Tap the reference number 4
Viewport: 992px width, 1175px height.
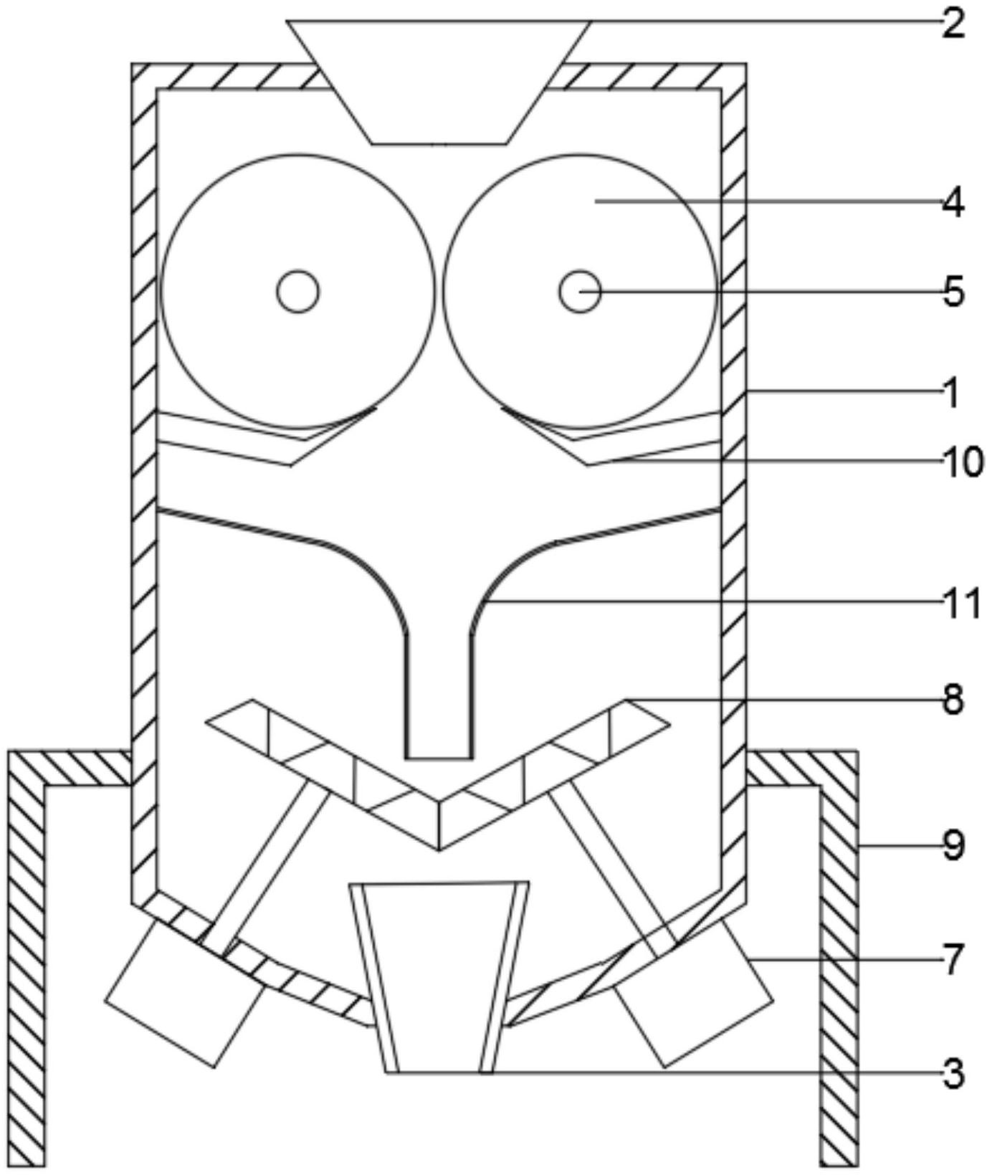pos(953,203)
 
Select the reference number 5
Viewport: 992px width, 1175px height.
pos(953,292)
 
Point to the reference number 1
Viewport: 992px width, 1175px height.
pos(951,394)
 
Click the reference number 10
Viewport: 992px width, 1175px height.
pos(962,462)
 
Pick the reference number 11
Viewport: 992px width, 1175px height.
pos(962,604)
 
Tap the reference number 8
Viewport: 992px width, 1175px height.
pos(953,699)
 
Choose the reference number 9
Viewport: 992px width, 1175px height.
pos(953,846)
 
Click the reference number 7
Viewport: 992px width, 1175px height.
pos(953,961)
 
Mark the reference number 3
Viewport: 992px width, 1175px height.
pos(953,1074)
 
